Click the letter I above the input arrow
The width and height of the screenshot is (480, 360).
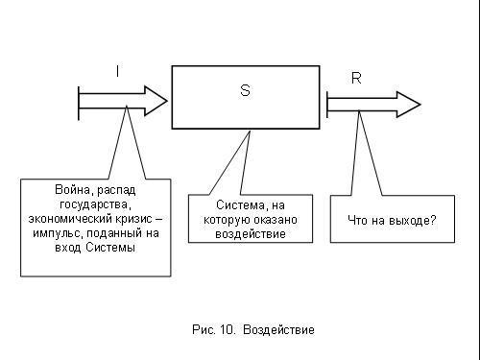[117, 71]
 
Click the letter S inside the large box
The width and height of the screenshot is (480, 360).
[245, 89]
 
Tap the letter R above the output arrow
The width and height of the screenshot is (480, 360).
[356, 78]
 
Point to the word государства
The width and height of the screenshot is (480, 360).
[91, 204]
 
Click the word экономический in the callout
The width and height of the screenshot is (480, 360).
[71, 219]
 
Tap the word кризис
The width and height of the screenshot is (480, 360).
[130, 219]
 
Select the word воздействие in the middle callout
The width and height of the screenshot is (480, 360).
[251, 233]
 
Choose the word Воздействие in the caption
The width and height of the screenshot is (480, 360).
[278, 330]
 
